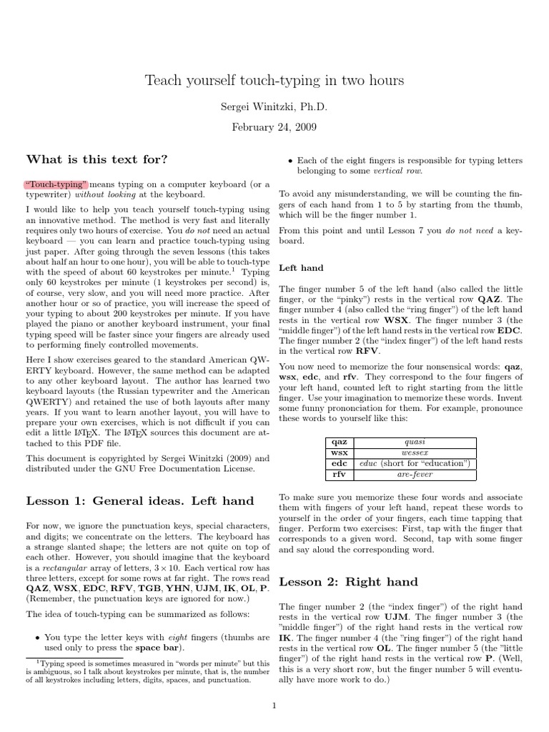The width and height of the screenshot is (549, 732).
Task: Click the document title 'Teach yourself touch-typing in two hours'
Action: click(274, 81)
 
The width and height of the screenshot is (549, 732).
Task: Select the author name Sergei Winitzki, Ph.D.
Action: click(274, 107)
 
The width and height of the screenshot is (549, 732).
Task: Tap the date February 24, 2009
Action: click(274, 127)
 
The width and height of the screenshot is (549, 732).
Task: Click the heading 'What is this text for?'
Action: click(97, 159)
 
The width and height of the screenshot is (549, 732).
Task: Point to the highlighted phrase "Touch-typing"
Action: click(56, 184)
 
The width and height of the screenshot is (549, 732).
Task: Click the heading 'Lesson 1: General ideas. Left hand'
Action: click(139, 500)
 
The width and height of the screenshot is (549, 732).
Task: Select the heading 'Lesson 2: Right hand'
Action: click(348, 581)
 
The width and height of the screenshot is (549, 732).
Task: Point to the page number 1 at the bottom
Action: click(274, 706)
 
